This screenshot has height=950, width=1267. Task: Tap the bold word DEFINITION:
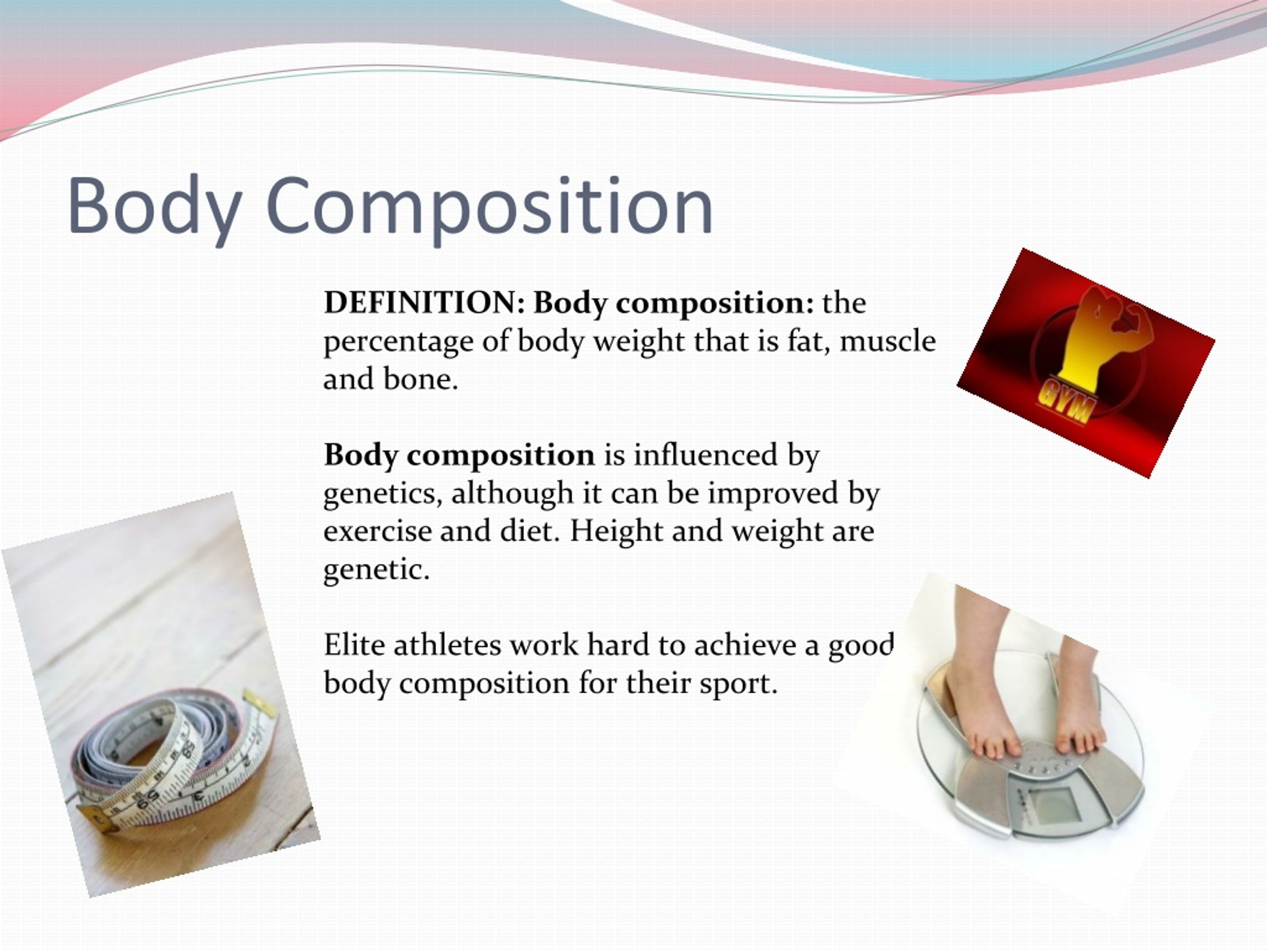424,302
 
